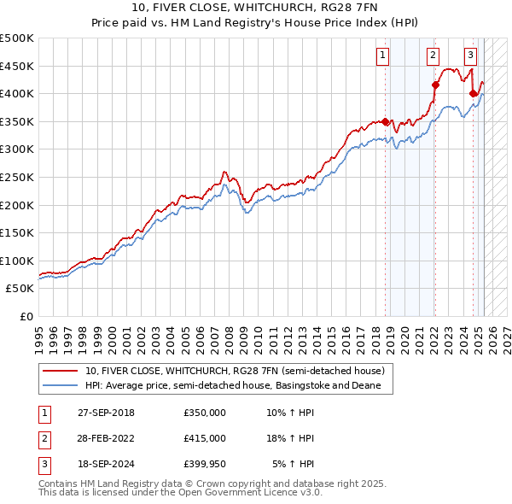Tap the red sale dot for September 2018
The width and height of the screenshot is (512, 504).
[x=385, y=121]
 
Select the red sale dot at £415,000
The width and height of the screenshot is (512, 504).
[x=435, y=85]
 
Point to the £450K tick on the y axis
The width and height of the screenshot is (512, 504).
[x=17, y=66]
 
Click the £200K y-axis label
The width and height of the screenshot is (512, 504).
[x=17, y=205]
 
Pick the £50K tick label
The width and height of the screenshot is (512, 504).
[x=20, y=289]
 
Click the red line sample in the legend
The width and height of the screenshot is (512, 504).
[x=61, y=371]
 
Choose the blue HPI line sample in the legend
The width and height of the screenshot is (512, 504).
[x=61, y=385]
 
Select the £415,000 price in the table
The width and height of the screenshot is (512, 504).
[x=205, y=438]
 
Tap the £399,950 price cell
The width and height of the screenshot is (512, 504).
[x=205, y=464]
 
